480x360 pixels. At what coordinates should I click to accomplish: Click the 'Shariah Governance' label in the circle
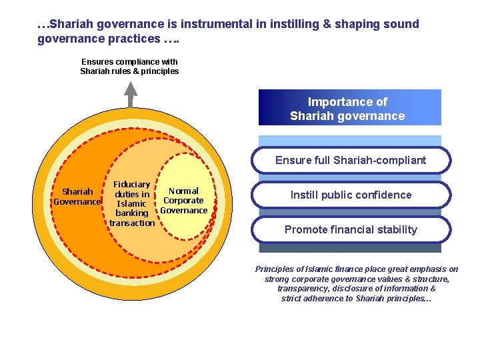tap(77, 197)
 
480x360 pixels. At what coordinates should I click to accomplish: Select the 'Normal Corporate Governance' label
tap(183, 201)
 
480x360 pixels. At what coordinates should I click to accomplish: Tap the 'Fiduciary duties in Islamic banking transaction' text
tap(132, 203)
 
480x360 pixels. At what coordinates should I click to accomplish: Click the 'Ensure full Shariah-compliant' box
tap(351, 160)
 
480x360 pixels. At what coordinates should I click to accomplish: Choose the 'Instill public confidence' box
tap(351, 195)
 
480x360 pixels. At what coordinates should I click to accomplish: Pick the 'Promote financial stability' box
tap(351, 229)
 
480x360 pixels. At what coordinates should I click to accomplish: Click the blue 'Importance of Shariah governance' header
tap(349, 108)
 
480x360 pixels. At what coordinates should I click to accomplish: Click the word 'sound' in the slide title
tap(402, 24)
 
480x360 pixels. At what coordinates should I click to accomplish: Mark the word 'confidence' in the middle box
tap(385, 195)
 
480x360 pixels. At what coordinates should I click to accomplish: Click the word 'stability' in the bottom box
tap(396, 229)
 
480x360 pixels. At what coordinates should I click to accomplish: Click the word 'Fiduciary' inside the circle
tap(132, 185)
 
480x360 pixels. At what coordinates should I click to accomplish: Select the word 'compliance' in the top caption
tap(137, 62)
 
